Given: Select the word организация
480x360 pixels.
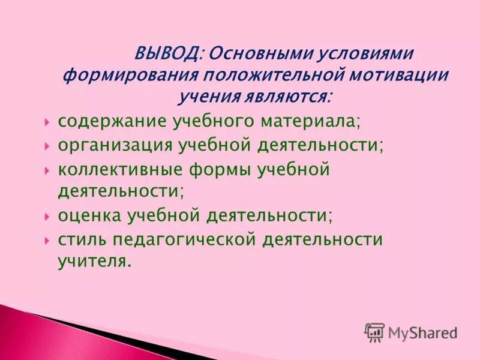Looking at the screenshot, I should pos(112,146).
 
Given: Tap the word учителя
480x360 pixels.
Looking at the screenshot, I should pos(94,261).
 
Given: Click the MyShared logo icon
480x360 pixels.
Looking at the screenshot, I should pos(374,332).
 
